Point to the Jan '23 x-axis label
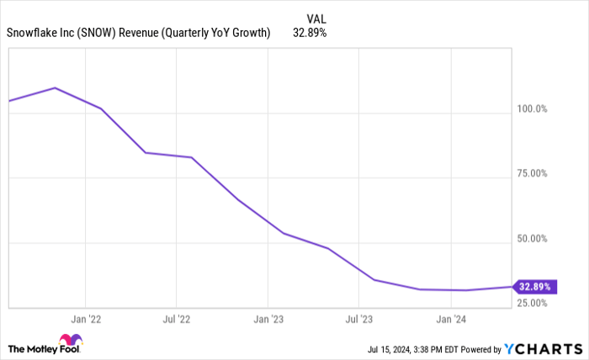[x=268, y=320]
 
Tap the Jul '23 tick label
[x=358, y=320]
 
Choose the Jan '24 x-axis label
[x=451, y=320]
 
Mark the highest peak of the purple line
[x=56, y=87]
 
